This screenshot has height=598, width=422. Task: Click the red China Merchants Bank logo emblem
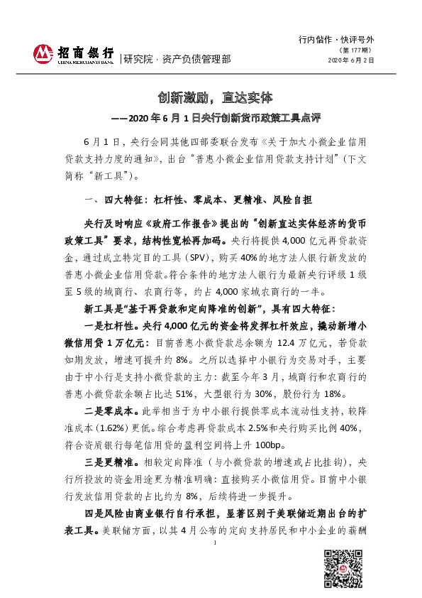[43, 53]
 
